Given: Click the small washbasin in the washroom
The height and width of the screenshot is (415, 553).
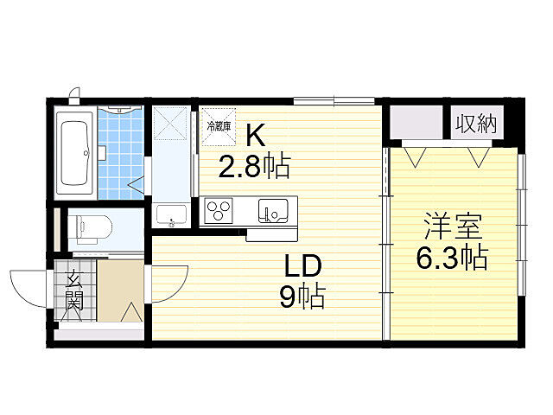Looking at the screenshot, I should (169, 215).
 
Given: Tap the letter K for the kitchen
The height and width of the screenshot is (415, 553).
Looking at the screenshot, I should (255, 136).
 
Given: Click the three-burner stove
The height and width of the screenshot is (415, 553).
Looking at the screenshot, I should (219, 210).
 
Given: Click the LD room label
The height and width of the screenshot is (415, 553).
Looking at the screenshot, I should (300, 265).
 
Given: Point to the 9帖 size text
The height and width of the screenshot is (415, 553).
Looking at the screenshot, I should (301, 297).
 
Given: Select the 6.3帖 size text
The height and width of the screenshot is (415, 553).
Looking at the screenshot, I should (450, 257).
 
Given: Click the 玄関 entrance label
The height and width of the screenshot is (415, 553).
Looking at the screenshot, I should (74, 291).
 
